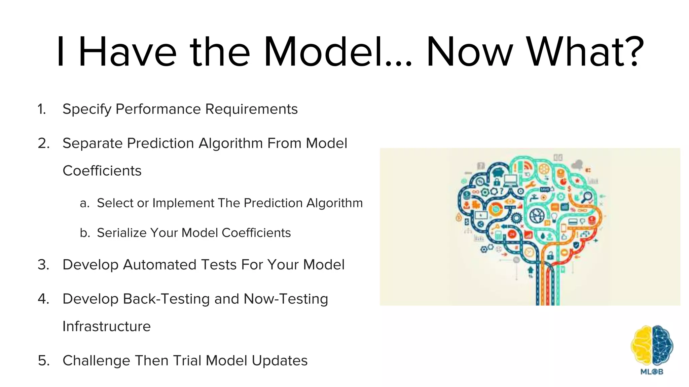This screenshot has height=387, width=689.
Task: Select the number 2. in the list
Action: [x=44, y=143]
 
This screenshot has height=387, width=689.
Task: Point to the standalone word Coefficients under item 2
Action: [x=102, y=171]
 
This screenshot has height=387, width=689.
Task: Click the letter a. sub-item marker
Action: [x=84, y=203]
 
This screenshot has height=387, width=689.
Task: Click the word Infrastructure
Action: [x=107, y=326]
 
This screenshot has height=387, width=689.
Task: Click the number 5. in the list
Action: [x=44, y=360]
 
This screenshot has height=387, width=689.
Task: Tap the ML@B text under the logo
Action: [x=652, y=372]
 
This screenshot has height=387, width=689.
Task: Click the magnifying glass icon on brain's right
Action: [x=587, y=197]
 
